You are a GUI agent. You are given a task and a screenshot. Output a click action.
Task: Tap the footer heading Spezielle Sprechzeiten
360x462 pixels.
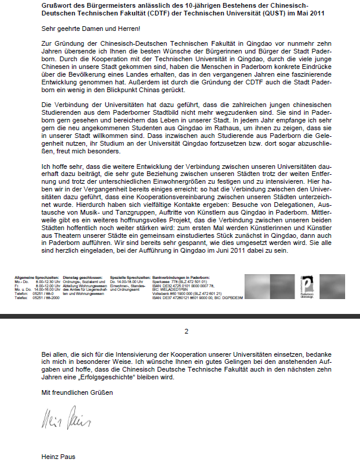point(130,278)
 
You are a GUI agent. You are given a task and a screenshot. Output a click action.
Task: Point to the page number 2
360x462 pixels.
point(186,331)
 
